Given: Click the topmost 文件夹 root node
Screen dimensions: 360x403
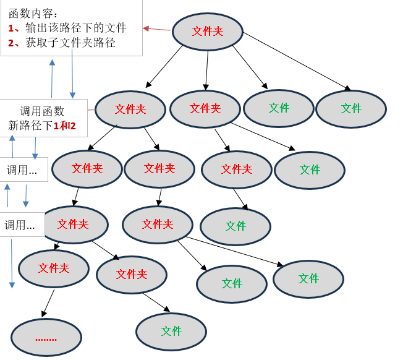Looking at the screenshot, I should pos(207,31).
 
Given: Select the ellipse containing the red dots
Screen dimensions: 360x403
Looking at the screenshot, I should pos(46,338).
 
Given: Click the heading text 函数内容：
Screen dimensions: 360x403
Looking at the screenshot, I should pos(34,13).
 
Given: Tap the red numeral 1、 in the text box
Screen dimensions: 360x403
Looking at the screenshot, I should pos(14,28).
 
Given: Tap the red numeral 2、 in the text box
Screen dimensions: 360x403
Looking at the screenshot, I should pos(14,43).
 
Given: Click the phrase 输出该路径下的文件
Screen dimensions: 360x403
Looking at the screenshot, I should pos(76,28).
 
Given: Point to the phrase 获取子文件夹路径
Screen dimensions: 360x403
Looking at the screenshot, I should pos(70,43).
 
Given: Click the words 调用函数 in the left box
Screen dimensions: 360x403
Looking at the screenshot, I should pos(42,111).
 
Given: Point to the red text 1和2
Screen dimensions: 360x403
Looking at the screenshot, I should pos(64,126).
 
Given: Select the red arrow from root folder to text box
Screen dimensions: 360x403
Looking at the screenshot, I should pos(156,28).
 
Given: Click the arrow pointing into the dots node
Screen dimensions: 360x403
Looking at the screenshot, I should pos(48,303).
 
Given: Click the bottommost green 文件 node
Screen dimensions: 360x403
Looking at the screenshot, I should pos(171,332).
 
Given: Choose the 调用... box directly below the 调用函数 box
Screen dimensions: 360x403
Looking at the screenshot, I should pos(22,169).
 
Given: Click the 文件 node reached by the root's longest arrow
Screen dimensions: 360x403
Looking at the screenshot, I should pos(351,109).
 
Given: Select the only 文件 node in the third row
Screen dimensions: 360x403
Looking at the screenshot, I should pos(310,170).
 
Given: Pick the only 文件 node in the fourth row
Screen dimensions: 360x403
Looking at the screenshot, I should pos(235,226).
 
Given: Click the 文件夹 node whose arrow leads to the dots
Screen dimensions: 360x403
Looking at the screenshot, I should pos(54,268).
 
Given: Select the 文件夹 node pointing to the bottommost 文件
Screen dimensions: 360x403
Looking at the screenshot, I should pos(132,274).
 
